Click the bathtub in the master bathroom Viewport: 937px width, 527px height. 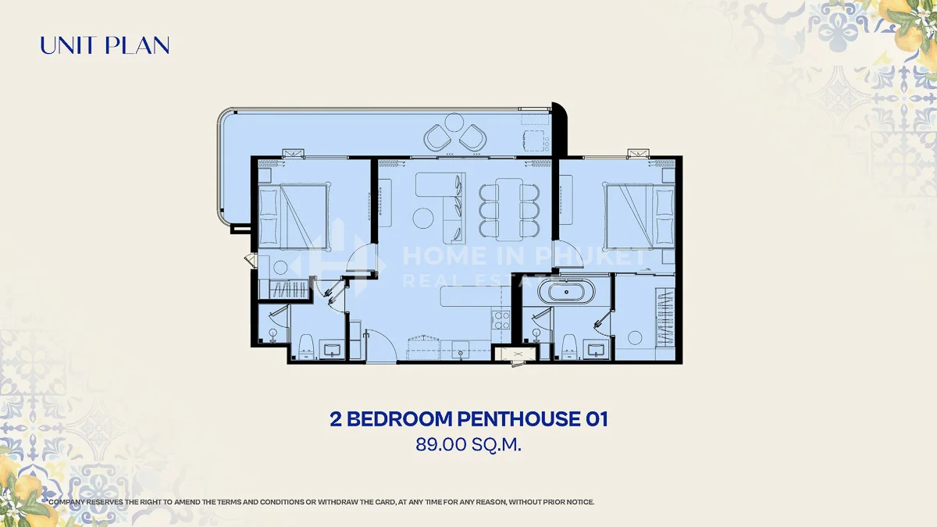[x=566, y=292]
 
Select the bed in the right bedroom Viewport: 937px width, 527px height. [x=639, y=217]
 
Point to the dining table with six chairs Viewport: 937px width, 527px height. [x=508, y=209]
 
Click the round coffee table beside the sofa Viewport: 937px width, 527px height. [x=423, y=218]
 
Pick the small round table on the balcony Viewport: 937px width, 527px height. [x=454, y=123]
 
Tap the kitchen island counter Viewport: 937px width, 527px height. [x=476, y=296]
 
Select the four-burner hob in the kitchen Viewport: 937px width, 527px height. [x=501, y=320]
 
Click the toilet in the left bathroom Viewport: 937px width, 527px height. [x=307, y=347]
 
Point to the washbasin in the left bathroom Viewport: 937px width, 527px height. [x=333, y=349]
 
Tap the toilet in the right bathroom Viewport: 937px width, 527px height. [x=569, y=347]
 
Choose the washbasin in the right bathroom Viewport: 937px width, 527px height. [x=596, y=349]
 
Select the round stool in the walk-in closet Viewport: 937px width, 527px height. [x=635, y=338]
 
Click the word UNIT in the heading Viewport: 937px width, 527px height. [x=66, y=45]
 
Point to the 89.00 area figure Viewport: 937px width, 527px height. [x=440, y=444]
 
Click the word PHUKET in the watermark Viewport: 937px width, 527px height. [x=592, y=256]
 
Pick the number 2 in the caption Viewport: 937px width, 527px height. [x=336, y=419]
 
